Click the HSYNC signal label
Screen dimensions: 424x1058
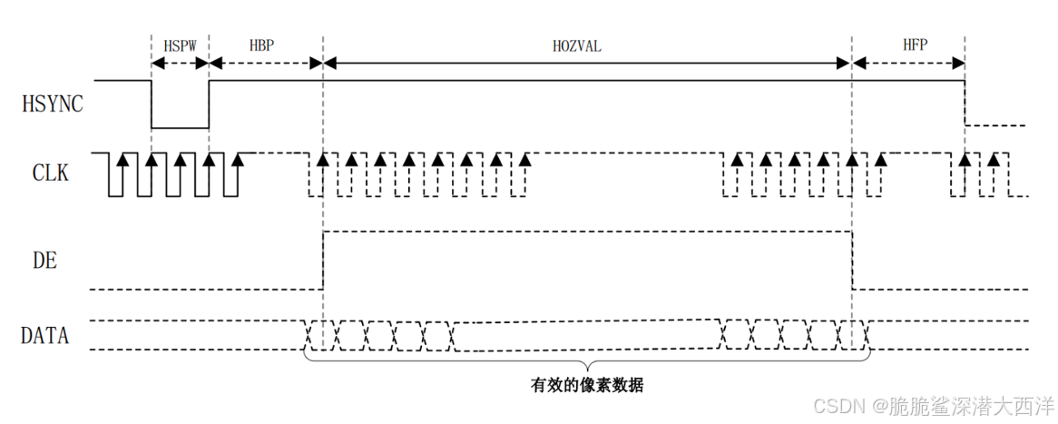(x=52, y=104)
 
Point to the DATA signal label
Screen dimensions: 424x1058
(x=45, y=335)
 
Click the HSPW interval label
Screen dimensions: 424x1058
(x=180, y=44)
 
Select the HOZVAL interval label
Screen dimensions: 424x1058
(x=577, y=44)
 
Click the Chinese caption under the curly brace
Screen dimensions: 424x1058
(x=587, y=385)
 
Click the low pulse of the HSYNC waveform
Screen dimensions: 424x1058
(x=180, y=128)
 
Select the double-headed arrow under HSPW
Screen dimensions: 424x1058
(x=180, y=63)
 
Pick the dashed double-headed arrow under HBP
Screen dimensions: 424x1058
(x=266, y=63)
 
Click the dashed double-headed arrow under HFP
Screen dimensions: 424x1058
(x=908, y=63)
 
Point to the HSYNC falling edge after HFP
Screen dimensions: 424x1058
(x=965, y=104)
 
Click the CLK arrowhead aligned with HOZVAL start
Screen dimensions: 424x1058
(x=323, y=159)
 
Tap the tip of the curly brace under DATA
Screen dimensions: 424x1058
(x=587, y=365)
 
